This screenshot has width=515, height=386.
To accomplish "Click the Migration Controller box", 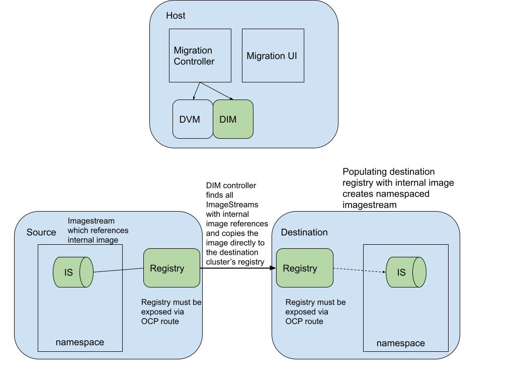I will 200,55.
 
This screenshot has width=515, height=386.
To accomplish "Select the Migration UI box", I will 273,55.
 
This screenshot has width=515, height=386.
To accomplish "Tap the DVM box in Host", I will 190,120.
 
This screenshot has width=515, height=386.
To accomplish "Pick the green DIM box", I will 232,120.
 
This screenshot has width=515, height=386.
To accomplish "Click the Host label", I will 176,16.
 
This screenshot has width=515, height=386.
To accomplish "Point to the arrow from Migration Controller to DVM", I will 197,91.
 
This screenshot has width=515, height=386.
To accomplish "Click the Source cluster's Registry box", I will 172,268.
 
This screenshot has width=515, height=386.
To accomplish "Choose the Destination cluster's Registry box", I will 304,268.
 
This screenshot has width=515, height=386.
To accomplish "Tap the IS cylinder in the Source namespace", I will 73,272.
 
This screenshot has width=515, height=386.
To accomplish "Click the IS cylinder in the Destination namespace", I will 405,272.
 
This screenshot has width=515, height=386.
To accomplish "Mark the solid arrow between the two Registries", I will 238,268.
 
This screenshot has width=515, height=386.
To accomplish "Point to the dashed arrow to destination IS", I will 359,270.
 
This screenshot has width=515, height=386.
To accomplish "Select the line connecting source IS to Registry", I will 118,270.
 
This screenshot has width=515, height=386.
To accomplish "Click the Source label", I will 41,232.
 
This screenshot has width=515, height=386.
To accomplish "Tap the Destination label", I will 304,232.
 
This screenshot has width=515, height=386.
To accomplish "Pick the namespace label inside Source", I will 80,342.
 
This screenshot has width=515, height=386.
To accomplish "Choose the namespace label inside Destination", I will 400,343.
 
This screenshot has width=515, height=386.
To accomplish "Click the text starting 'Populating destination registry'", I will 398,188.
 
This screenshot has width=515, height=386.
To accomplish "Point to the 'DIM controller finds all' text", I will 236,224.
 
